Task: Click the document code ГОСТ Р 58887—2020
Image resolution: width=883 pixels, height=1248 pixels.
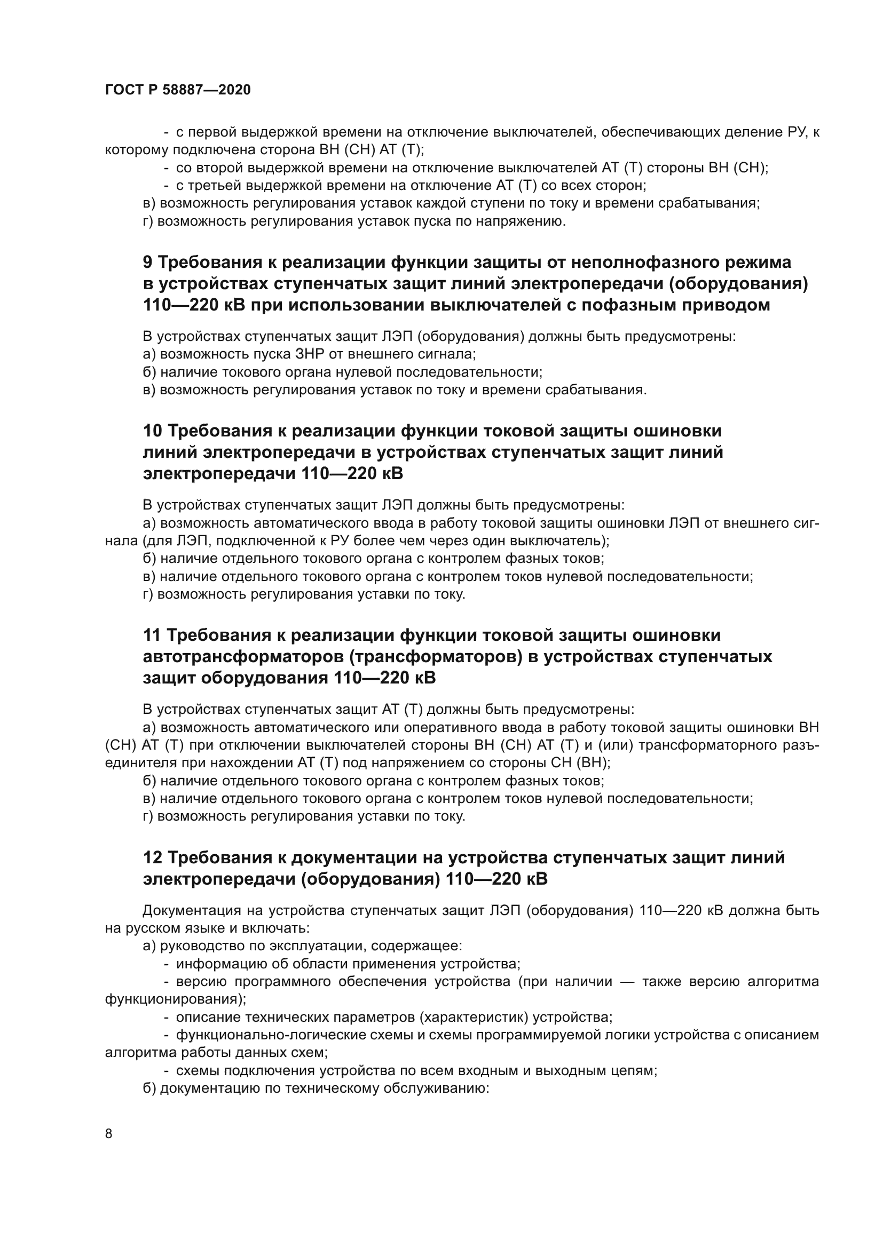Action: (178, 90)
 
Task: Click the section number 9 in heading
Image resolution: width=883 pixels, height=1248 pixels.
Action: (148, 263)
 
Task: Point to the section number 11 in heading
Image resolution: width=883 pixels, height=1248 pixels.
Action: (152, 635)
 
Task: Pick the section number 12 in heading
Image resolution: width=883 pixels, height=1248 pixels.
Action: (152, 858)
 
